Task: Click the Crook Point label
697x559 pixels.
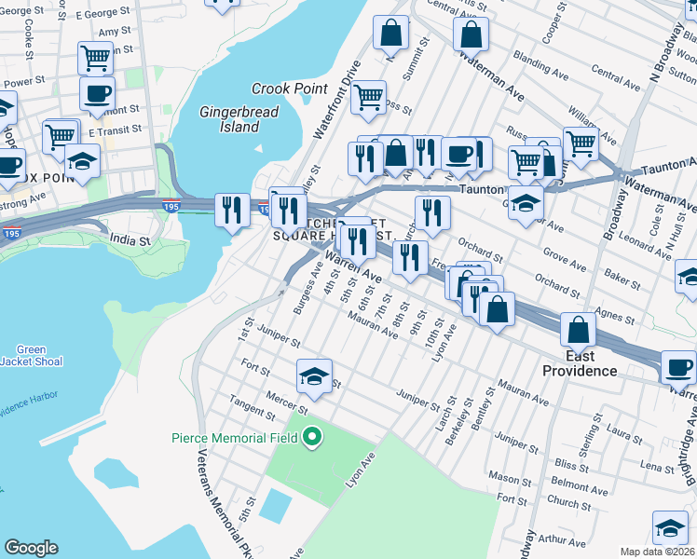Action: tap(290, 89)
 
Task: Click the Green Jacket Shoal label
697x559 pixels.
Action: tap(31, 355)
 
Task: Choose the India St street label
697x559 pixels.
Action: tap(129, 240)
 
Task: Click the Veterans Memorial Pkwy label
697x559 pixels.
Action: tap(215, 498)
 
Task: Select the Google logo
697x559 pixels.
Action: tap(31, 548)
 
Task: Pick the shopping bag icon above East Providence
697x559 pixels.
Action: tap(579, 329)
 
